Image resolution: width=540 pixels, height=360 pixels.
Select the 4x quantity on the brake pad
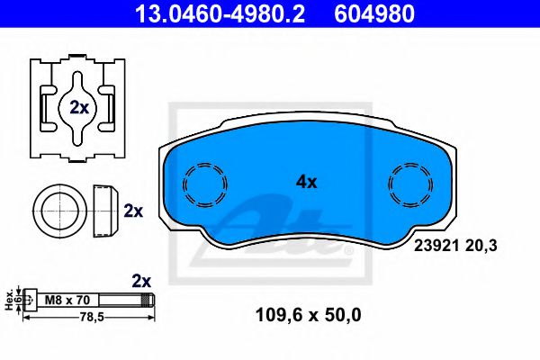(x=307, y=181)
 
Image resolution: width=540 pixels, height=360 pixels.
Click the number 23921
(x=434, y=242)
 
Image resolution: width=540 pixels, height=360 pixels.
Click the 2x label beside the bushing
(x=133, y=211)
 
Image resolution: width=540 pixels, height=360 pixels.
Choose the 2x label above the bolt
(x=141, y=280)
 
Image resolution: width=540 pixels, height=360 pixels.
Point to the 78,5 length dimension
(x=85, y=318)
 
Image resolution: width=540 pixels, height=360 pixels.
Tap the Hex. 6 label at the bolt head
(x=12, y=298)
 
